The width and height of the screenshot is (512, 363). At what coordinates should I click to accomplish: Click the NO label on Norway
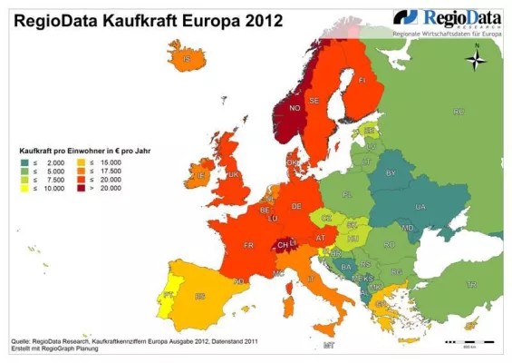pyautogui.click(x=294, y=108)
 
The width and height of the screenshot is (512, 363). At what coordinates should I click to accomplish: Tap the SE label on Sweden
pyautogui.click(x=314, y=101)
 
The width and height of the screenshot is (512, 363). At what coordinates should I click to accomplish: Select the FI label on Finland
pyautogui.click(x=362, y=80)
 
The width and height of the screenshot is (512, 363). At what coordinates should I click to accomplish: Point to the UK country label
pyautogui.click(x=232, y=174)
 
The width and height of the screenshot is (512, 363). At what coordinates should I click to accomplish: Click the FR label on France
pyautogui.click(x=248, y=245)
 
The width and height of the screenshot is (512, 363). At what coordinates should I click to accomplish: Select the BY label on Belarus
pyautogui.click(x=391, y=173)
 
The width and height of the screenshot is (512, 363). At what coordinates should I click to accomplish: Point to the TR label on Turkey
pyautogui.click(x=470, y=284)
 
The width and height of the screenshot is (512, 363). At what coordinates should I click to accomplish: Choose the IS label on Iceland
pyautogui.click(x=188, y=60)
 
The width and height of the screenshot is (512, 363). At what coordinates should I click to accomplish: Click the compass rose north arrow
pyautogui.click(x=476, y=60)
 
